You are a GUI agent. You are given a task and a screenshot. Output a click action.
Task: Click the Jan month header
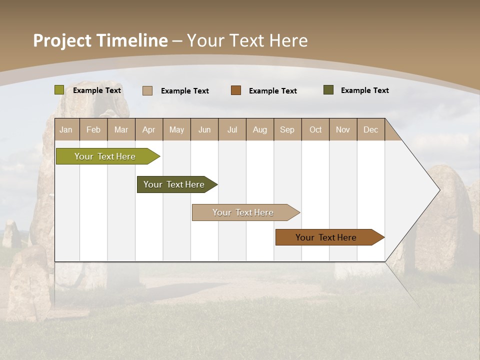click(66, 129)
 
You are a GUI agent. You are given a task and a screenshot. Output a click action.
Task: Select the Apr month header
click(149, 129)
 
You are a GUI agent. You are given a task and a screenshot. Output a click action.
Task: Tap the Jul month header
click(232, 129)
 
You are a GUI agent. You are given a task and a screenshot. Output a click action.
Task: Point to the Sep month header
click(287, 129)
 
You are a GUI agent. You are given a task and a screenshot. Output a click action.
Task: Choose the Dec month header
click(370, 129)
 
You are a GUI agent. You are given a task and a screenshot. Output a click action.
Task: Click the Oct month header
click(315, 129)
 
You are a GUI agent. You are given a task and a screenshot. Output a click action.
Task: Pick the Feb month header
click(93, 129)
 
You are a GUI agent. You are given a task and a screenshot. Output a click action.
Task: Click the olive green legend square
click(59, 90)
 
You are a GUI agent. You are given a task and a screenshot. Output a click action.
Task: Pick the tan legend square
click(147, 90)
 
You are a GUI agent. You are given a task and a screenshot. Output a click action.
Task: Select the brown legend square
click(236, 90)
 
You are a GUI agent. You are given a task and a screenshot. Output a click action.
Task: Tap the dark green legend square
click(328, 90)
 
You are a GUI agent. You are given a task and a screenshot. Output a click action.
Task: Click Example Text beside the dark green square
click(364, 90)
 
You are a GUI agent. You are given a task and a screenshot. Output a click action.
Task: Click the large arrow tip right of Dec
click(420, 190)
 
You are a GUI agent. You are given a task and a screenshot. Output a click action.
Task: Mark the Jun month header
click(204, 129)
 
